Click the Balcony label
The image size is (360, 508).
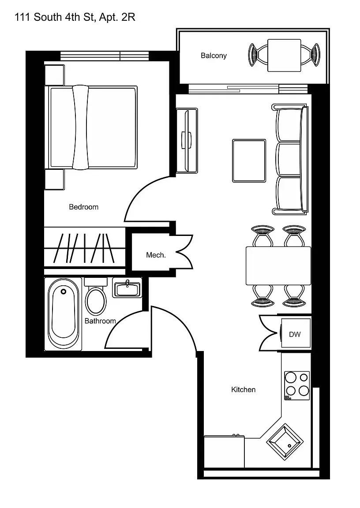coord(214,56)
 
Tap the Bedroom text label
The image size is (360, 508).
coord(83,207)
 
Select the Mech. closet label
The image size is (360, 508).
coord(156,255)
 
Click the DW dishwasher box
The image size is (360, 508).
coord(295,334)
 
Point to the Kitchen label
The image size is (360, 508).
coord(243,389)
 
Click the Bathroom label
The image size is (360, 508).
coord(100,321)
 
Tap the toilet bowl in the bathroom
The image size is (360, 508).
coord(96,301)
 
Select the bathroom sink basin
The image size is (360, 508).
coord(127,289)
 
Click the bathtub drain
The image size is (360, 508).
coord(64,291)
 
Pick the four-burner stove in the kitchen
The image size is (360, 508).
coord(297,385)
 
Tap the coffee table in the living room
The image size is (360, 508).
coord(249,161)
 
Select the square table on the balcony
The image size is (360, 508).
coord(284,55)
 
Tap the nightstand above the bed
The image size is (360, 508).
coord(54,75)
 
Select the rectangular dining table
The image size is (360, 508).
coord(278,265)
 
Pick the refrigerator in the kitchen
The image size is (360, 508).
coord(224,451)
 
